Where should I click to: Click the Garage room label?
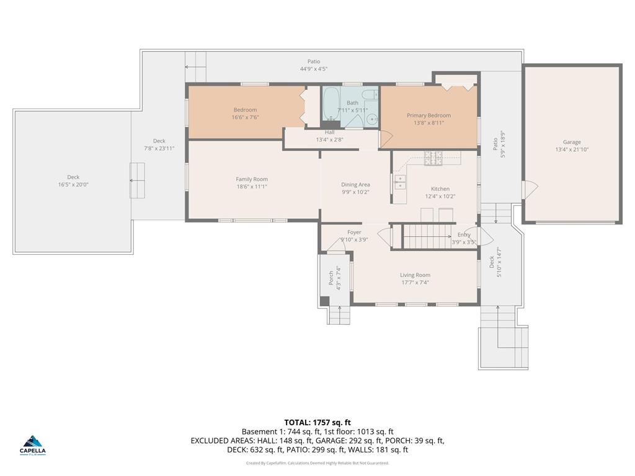[x=572, y=142]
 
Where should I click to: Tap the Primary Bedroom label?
[x=429, y=115]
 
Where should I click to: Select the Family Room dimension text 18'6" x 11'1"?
[x=252, y=187]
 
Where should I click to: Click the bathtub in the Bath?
[x=331, y=104]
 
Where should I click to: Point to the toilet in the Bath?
[x=369, y=95]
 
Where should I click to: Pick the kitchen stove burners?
[x=433, y=158]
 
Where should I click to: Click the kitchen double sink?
[x=400, y=182]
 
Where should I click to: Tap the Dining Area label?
[x=355, y=185]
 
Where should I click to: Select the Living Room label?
[x=415, y=275]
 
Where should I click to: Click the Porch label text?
[x=331, y=278]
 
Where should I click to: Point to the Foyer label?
[x=354, y=232]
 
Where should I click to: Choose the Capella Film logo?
[x=33, y=446]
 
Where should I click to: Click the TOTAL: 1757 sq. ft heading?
[x=317, y=423]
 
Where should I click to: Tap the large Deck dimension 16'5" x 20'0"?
[x=73, y=185]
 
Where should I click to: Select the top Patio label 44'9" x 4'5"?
[x=314, y=69]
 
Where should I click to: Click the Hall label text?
[x=330, y=133]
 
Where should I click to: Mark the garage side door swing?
[x=530, y=190]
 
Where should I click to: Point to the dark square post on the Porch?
[x=325, y=301]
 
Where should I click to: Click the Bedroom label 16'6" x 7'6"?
[x=246, y=114]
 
